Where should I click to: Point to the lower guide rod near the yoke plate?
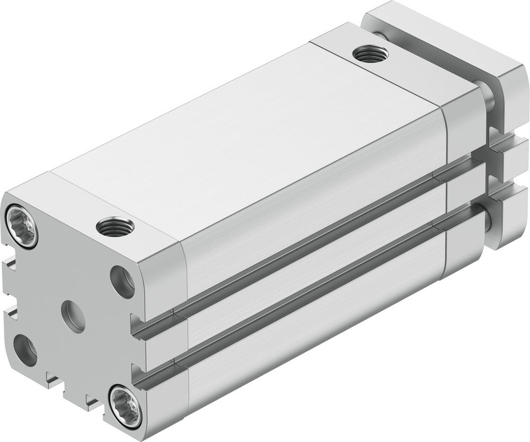pyautogui.click(x=490, y=223)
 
